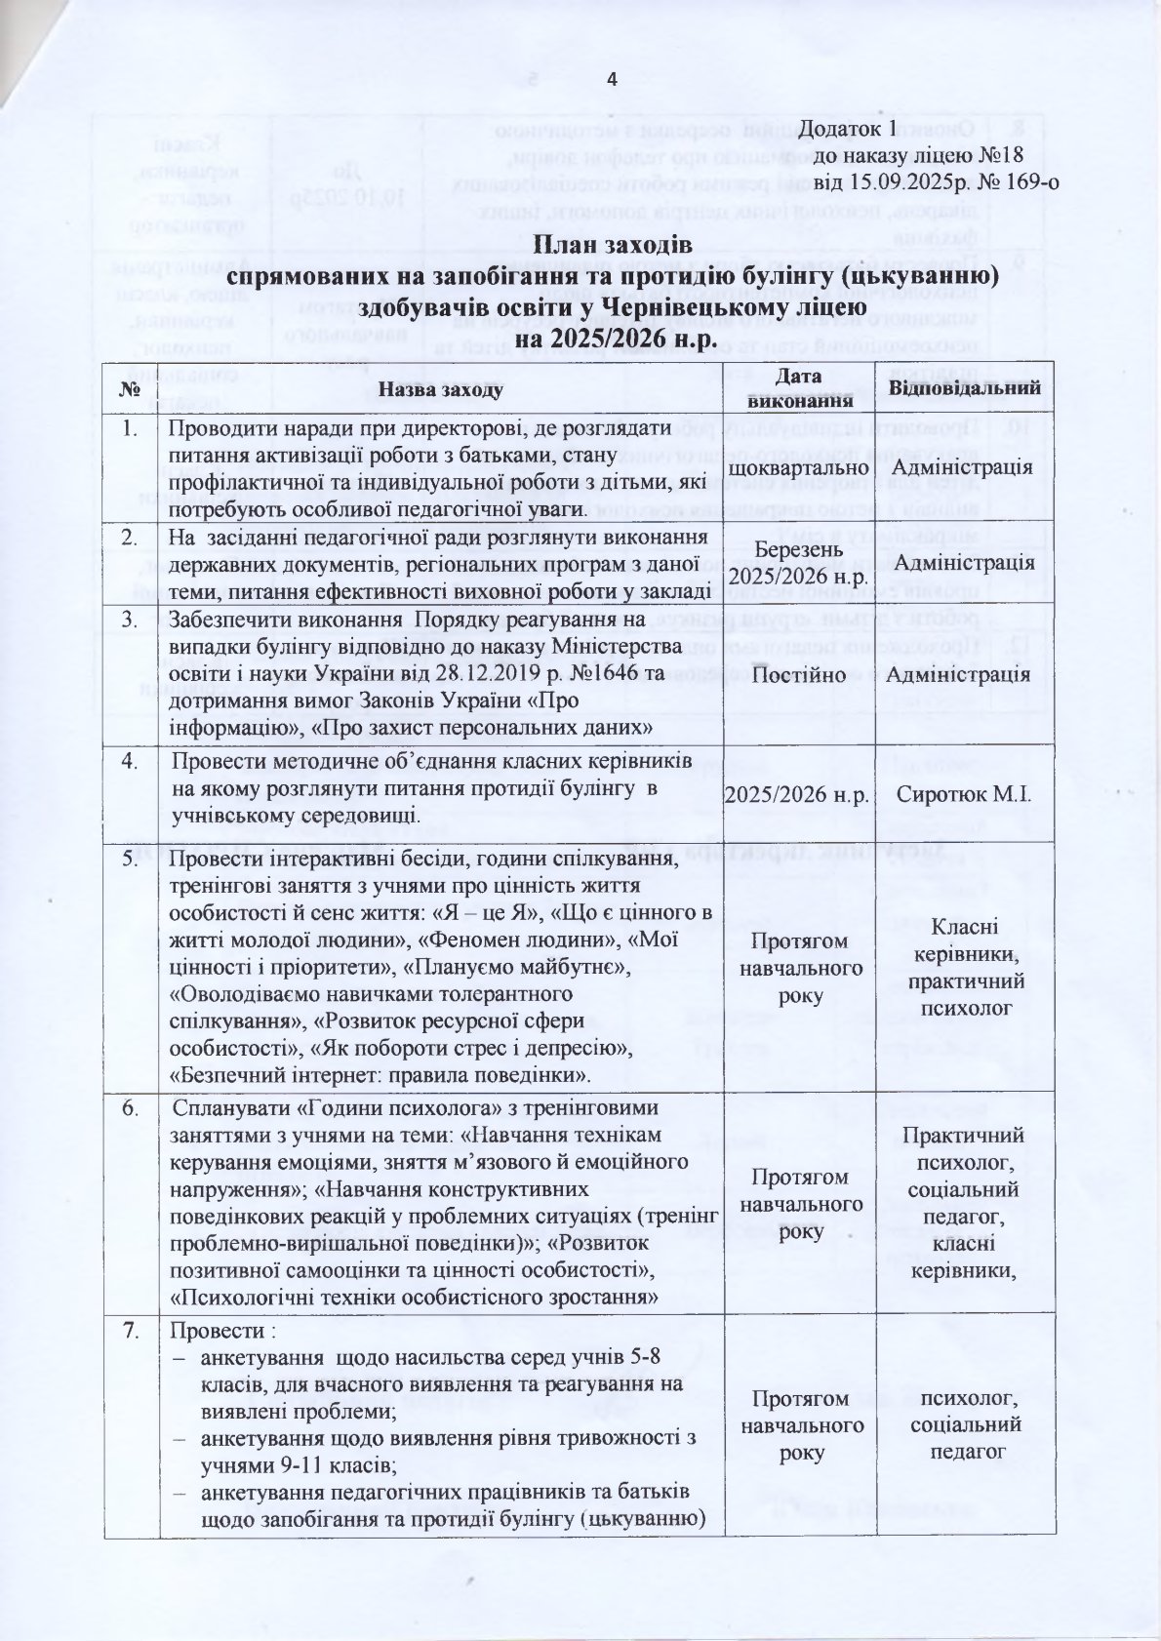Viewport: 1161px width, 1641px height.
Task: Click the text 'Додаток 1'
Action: (x=846, y=130)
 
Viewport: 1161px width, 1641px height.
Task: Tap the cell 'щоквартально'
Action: (x=794, y=467)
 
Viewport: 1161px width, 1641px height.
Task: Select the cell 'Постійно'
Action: (x=794, y=675)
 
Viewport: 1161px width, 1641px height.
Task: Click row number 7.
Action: (x=130, y=1332)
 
